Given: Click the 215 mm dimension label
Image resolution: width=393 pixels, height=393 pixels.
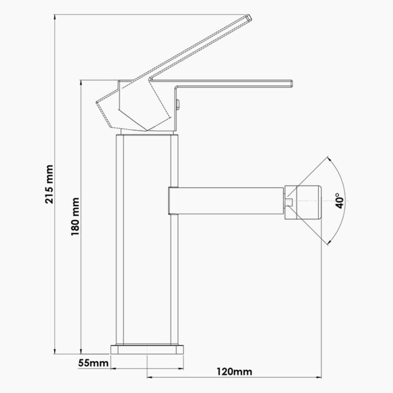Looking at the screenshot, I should tap(49, 184).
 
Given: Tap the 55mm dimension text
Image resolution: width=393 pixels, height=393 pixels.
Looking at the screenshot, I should tap(93, 363).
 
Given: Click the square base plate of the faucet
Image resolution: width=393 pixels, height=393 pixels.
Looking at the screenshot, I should tap(147, 349).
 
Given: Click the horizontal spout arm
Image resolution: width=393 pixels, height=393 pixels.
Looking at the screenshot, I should tap(230, 201).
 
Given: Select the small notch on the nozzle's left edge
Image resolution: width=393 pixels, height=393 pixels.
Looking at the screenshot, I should tap(289, 201).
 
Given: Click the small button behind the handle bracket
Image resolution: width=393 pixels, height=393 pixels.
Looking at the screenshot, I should tap(179, 103).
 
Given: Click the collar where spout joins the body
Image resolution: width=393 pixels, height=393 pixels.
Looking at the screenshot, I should tap(173, 201).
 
